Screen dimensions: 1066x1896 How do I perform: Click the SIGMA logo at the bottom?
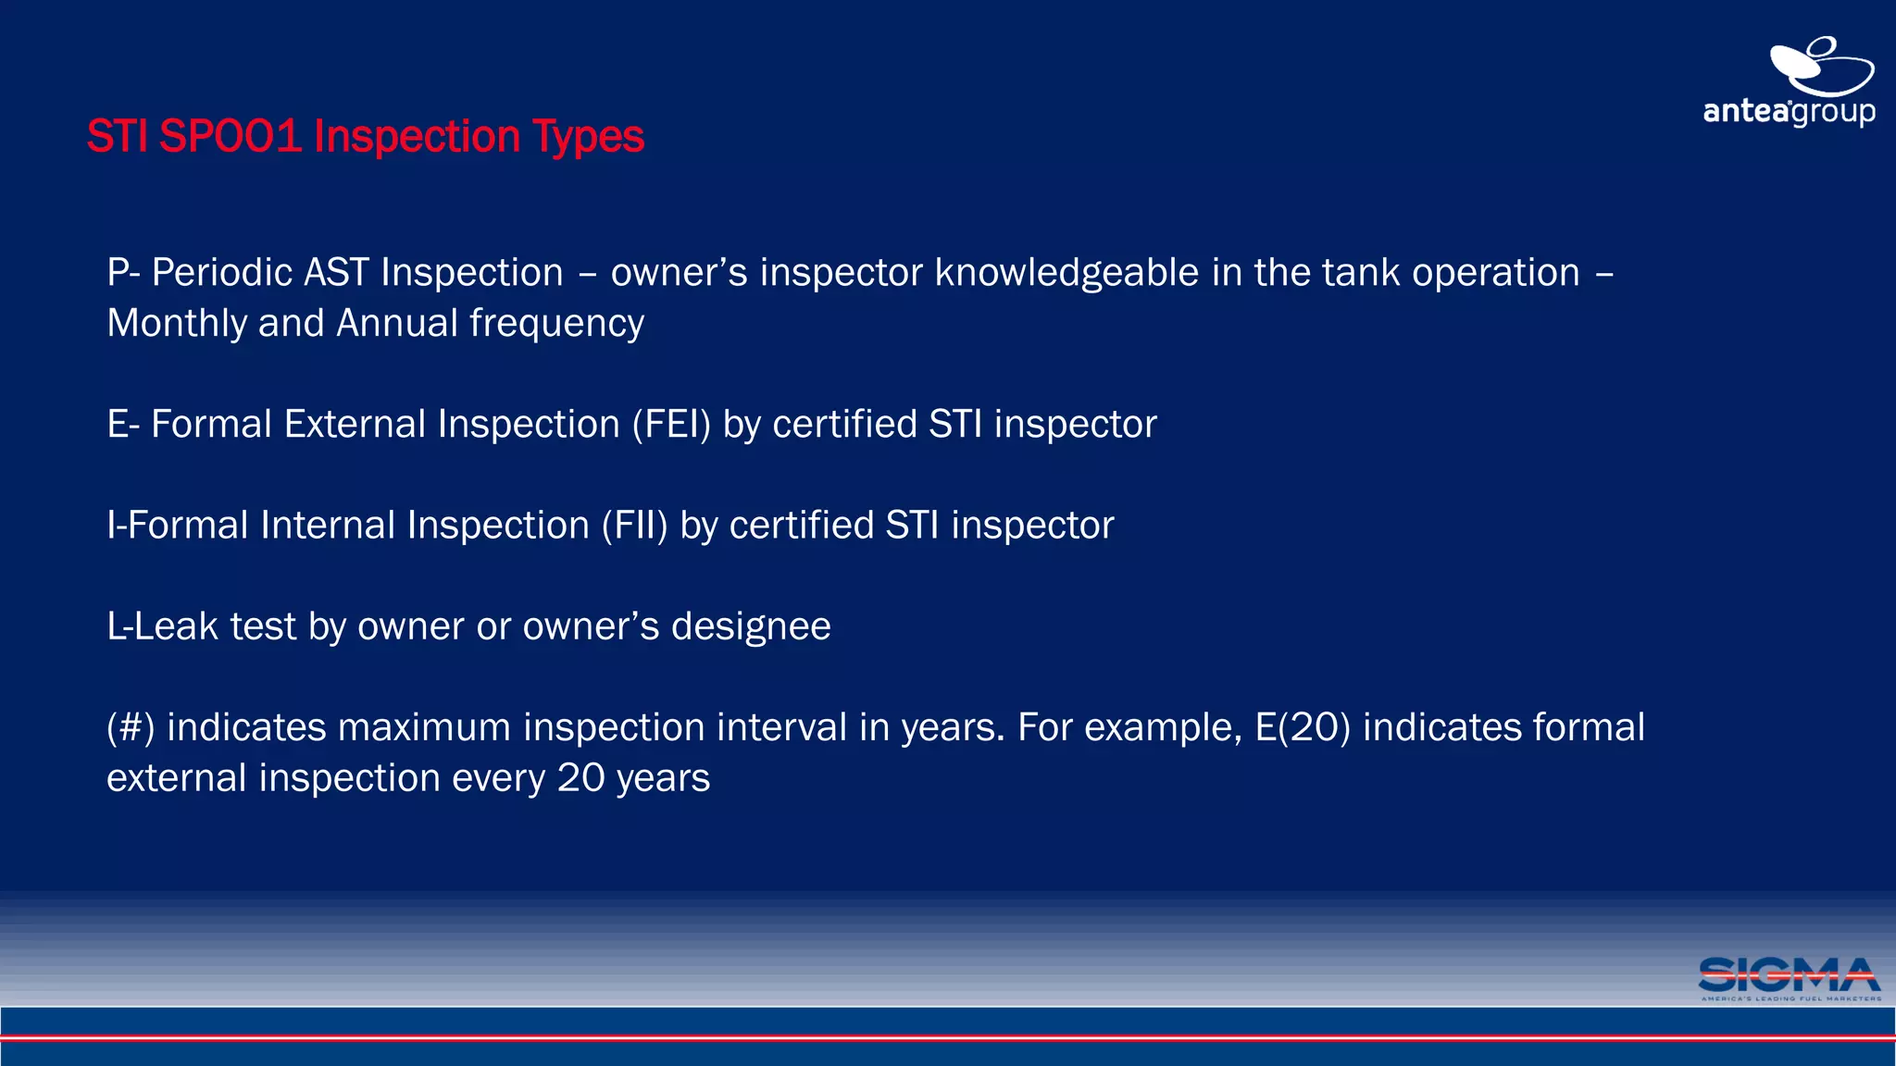point(1789,978)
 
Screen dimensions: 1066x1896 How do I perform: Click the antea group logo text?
point(1789,112)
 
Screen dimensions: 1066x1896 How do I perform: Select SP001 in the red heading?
point(231,137)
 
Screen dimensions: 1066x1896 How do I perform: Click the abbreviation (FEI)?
point(671,425)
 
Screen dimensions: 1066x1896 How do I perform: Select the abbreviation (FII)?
point(634,526)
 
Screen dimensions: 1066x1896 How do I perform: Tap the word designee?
point(751,627)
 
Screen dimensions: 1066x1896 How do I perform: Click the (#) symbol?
point(130,727)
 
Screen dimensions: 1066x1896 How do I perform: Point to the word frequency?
point(556,324)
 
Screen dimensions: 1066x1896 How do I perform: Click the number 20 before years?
point(580,778)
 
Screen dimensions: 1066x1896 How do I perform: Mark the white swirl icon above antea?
point(1820,65)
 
